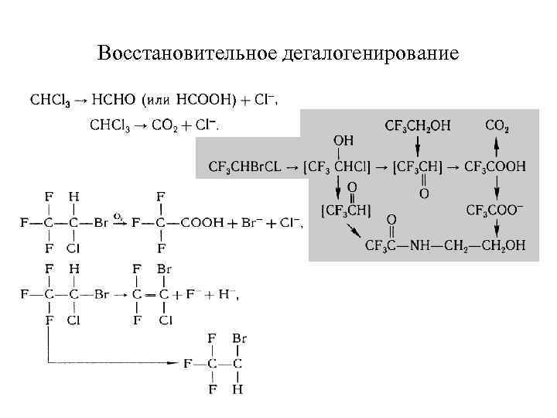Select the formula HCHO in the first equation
114,99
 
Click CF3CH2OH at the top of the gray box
417,125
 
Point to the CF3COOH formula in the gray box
495,166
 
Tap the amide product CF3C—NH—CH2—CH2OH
445,245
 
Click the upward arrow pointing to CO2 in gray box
497,146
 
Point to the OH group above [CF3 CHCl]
343,141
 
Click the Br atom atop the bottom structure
237,338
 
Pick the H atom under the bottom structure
237,389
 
